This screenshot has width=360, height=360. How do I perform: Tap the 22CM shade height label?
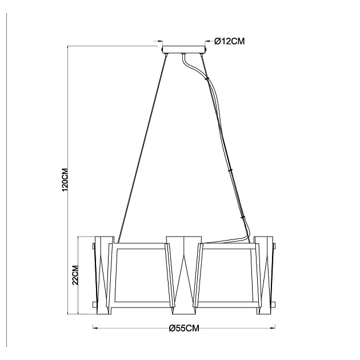point(74,275)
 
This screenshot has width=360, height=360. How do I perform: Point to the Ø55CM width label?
point(184,328)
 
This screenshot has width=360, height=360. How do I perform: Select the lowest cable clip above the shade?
point(243,217)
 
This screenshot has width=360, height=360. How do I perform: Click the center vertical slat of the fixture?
point(184,274)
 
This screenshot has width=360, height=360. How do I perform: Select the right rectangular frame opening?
point(227,274)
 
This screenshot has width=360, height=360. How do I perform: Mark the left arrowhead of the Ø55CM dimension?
point(95,328)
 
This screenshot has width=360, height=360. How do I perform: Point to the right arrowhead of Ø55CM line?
point(273,328)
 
